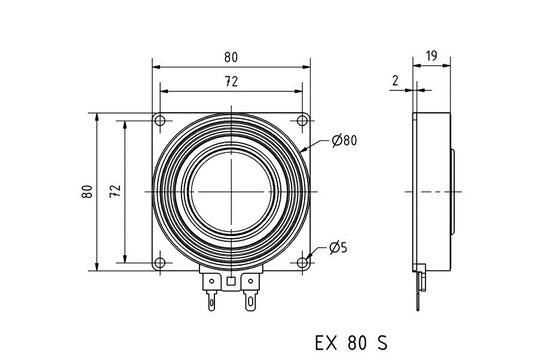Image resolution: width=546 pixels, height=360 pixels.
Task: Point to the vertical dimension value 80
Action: (x=88, y=191)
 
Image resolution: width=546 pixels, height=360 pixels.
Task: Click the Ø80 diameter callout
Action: (x=343, y=141)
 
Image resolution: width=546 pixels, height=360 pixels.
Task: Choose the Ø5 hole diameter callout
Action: (x=338, y=247)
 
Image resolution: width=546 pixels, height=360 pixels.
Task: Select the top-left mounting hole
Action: (x=160, y=121)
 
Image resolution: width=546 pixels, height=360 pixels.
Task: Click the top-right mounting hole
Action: (x=302, y=121)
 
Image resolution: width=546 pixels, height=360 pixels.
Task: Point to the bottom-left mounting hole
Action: (x=160, y=263)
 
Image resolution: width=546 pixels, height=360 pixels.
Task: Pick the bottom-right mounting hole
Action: (x=302, y=263)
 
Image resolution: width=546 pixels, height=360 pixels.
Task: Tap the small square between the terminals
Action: (x=232, y=281)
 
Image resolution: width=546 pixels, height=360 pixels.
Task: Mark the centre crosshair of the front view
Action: (x=231, y=191)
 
